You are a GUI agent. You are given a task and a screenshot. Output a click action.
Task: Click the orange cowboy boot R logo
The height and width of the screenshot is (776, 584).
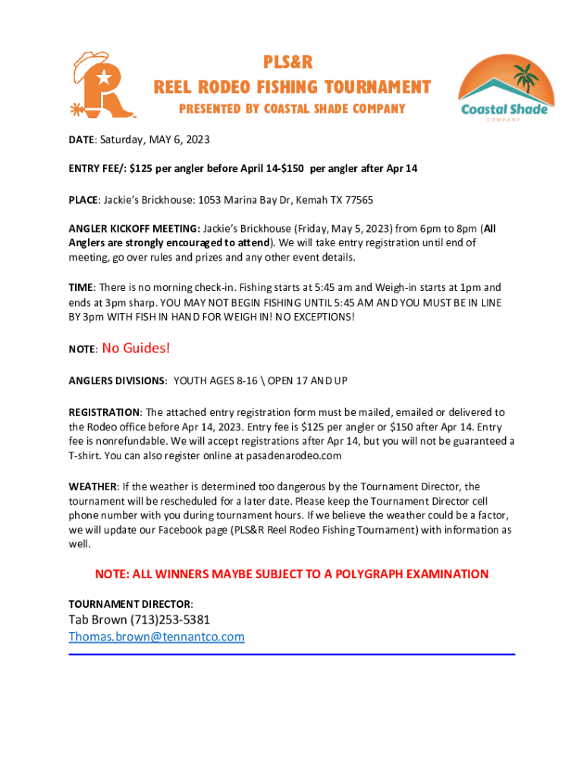point(102,85)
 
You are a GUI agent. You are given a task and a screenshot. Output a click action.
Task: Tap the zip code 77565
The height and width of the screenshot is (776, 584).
point(357,199)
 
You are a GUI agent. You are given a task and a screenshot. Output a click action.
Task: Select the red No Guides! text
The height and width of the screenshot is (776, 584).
point(136,348)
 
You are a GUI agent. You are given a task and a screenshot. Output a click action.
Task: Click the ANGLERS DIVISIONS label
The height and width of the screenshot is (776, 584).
point(117,380)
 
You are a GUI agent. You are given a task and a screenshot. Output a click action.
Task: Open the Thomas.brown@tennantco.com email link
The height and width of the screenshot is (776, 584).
point(156,637)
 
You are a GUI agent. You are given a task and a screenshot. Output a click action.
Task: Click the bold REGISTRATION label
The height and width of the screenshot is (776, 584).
point(104,412)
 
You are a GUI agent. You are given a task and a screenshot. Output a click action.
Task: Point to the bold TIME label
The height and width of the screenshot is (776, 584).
point(80,288)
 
